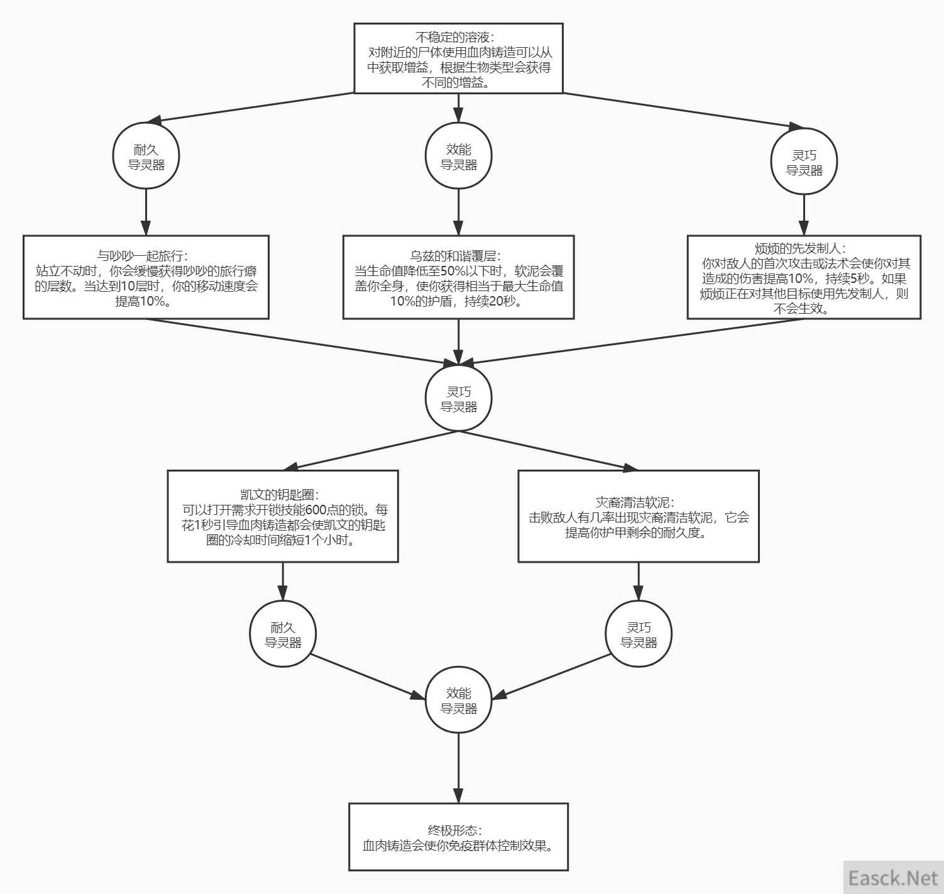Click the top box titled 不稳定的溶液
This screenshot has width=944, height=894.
(458, 58)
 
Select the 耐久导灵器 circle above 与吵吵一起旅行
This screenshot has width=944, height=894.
(146, 156)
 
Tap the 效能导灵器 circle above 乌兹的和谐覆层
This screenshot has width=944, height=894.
(459, 156)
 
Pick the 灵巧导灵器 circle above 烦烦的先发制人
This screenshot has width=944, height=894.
(804, 162)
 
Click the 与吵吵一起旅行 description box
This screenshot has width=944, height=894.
(146, 277)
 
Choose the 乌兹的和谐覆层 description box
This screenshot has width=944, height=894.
(459, 277)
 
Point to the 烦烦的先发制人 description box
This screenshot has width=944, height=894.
(804, 277)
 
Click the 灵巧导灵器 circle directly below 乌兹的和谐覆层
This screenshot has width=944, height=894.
(459, 398)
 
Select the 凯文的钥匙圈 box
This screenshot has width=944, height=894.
(283, 516)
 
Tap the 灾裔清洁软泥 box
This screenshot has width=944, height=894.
(639, 516)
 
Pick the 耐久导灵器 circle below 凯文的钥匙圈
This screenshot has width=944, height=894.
(283, 634)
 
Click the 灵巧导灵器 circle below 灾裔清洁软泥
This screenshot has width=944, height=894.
(639, 634)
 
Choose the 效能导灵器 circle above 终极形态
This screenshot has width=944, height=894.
(459, 700)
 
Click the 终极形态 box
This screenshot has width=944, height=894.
(459, 837)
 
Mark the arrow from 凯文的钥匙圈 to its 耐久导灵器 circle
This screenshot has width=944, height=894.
(283, 582)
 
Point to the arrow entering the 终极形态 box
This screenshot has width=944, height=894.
(459, 768)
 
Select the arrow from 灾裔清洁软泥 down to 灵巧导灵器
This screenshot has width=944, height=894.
(639, 582)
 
